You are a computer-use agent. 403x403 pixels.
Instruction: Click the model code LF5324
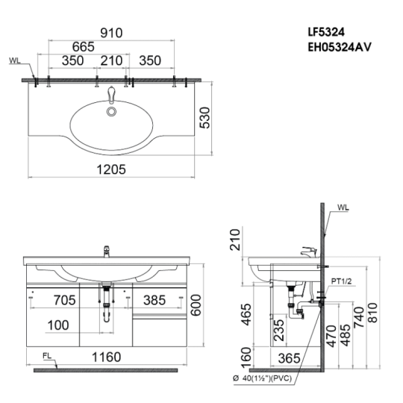pyautogui.click(x=326, y=32)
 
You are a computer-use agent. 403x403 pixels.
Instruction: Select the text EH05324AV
pyautogui.click(x=340, y=47)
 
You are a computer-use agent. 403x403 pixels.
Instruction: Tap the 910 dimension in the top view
pyautogui.click(x=111, y=33)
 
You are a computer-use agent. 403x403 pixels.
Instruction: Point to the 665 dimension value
pyautogui.click(x=84, y=47)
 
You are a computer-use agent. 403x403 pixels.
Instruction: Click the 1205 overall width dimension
pyautogui.click(x=111, y=169)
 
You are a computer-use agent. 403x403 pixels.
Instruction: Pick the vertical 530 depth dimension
pyautogui.click(x=204, y=118)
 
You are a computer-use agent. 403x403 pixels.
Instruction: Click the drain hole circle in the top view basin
pyautogui.click(x=112, y=111)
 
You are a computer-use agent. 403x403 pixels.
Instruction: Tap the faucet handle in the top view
pyautogui.click(x=111, y=94)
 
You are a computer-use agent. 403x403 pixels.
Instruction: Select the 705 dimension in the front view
pyautogui.click(x=64, y=300)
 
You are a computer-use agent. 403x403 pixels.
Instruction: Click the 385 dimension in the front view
pyautogui.click(x=154, y=300)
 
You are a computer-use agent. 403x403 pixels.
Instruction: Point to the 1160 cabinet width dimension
pyautogui.click(x=107, y=357)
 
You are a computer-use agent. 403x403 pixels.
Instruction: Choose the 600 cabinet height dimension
pyautogui.click(x=196, y=305)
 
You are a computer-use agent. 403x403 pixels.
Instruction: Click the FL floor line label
pyautogui.click(x=47, y=356)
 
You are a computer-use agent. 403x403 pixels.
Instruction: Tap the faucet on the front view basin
pyautogui.click(x=107, y=252)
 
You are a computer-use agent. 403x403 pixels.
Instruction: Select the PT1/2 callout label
pyautogui.click(x=341, y=281)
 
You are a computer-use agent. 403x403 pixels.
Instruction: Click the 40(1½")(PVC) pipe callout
pyautogui.click(x=263, y=378)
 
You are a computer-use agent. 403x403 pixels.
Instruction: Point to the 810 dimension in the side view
pyautogui.click(x=372, y=313)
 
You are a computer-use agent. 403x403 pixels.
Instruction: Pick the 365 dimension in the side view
pyautogui.click(x=289, y=358)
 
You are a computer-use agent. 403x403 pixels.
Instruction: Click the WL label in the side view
pyautogui.click(x=343, y=207)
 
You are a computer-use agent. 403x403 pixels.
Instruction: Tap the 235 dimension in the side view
pyautogui.click(x=279, y=330)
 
